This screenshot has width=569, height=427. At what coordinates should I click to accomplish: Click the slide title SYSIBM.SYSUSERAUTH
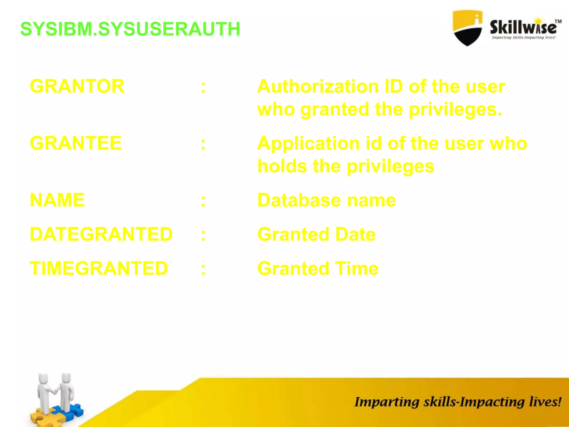[130, 29]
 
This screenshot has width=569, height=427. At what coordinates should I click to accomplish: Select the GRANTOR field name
[77, 86]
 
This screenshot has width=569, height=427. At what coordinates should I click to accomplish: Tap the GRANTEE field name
[76, 143]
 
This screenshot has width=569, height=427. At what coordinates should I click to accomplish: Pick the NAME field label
[57, 200]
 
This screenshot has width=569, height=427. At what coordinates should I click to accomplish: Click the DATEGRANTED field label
[101, 234]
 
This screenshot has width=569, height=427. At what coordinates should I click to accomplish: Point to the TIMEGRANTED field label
[99, 268]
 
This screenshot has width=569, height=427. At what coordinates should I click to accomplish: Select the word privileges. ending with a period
[455, 109]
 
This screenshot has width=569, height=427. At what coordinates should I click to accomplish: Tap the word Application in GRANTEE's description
[308, 143]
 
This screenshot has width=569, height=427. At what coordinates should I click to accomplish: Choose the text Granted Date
[316, 234]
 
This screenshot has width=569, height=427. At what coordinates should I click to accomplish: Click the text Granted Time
[318, 269]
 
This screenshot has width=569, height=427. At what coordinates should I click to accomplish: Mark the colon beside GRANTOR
[203, 87]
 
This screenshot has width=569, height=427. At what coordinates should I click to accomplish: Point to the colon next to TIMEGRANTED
[203, 269]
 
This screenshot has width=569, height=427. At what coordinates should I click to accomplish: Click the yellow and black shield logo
[467, 28]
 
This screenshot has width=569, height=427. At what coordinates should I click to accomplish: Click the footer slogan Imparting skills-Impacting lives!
[458, 402]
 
